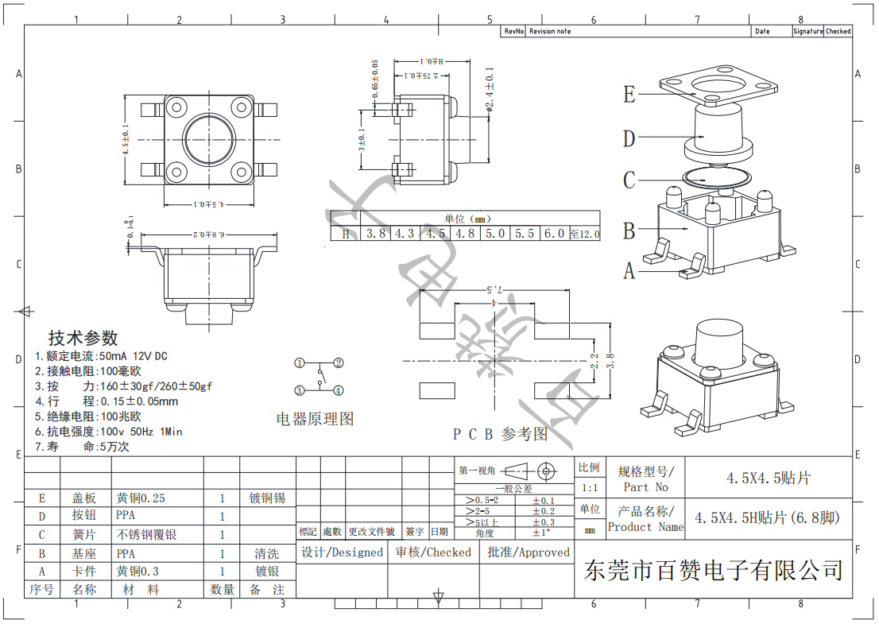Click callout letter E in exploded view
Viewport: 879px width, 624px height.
pos(629,95)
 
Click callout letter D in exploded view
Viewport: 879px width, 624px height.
pos(629,139)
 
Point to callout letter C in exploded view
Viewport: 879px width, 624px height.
pos(629,180)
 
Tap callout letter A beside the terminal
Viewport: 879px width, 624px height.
pos(629,272)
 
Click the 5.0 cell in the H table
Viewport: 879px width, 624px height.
pos(495,234)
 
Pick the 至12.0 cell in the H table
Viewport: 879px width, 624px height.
pos(584,234)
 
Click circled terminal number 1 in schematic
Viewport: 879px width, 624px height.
pos(300,363)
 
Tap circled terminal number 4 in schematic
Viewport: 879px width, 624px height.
pos(338,390)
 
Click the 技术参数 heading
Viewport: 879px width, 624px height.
pos(83,338)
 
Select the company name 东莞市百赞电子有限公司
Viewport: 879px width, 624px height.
pos(713,569)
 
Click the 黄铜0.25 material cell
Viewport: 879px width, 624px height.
pos(141,498)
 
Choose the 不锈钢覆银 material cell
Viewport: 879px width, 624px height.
pos(147,535)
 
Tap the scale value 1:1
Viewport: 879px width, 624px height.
pos(589,487)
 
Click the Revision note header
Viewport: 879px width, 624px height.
pos(550,31)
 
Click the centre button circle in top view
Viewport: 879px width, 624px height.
pos(208,140)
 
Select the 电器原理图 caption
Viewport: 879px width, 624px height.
pos(315,419)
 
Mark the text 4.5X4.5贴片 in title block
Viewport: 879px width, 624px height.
pos(768,478)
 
